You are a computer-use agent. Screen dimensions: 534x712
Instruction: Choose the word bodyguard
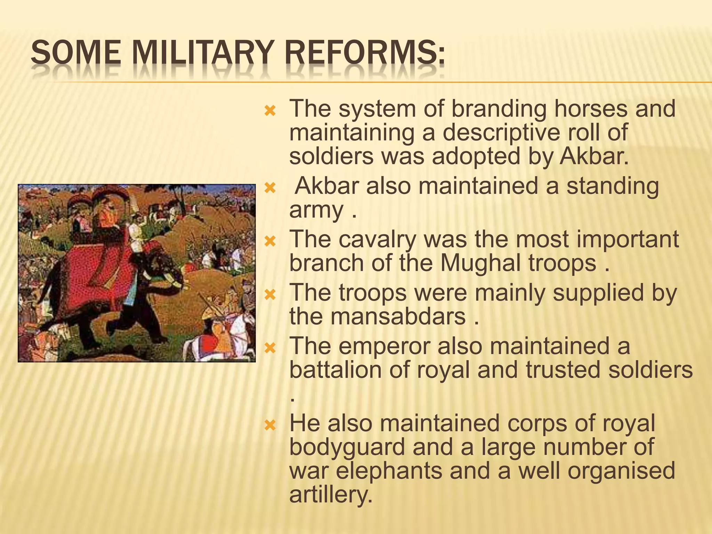(347, 447)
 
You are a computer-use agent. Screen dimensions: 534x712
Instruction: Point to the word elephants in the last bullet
(389, 471)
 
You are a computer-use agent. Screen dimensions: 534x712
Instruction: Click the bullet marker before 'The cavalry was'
(270, 240)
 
